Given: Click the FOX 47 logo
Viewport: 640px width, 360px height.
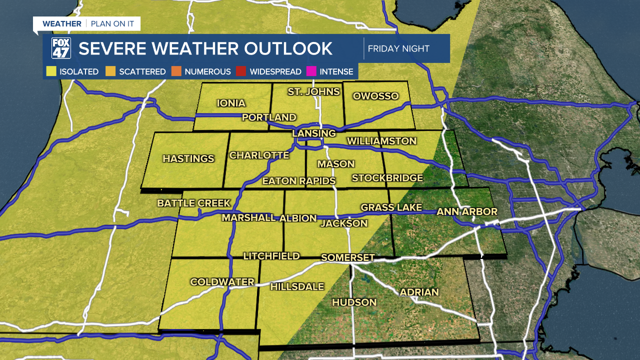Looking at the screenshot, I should pyautogui.click(x=61, y=48).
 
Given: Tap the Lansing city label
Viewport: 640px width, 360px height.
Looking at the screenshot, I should pyautogui.click(x=314, y=133).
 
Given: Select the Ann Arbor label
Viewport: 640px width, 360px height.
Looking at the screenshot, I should pyautogui.click(x=467, y=212).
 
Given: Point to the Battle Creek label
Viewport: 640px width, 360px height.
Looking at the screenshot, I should pyautogui.click(x=194, y=203).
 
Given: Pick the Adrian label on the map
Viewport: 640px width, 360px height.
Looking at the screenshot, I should pyautogui.click(x=419, y=292).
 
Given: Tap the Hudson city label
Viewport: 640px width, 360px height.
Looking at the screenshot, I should pyautogui.click(x=354, y=302).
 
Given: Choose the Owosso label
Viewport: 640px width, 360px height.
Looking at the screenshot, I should pyautogui.click(x=375, y=96).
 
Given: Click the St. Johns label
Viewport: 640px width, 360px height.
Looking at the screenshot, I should pyautogui.click(x=313, y=91).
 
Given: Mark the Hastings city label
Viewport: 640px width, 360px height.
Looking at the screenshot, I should pyautogui.click(x=188, y=158).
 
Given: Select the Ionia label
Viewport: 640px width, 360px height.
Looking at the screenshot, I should pyautogui.click(x=231, y=103).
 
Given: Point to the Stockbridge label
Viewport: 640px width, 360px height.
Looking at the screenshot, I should pyautogui.click(x=387, y=178).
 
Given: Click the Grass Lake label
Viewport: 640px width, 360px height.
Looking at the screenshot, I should pyautogui.click(x=391, y=207).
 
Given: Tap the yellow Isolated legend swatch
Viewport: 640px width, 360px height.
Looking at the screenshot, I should pyautogui.click(x=51, y=71).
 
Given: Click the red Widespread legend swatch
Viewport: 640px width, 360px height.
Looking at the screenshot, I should pyautogui.click(x=241, y=71).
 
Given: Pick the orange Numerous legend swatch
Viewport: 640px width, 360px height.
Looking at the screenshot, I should pyautogui.click(x=176, y=71).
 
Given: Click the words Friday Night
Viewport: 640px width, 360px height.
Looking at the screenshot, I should pyautogui.click(x=398, y=49).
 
